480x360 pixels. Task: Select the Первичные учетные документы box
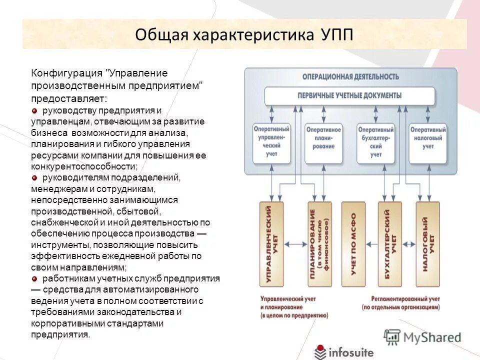(349, 95)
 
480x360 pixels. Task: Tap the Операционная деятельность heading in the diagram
(350, 76)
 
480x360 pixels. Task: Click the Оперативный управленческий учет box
(271, 142)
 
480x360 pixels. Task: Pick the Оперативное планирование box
(323, 142)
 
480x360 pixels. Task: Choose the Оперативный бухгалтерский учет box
(376, 142)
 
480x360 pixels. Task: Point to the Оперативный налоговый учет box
(427, 142)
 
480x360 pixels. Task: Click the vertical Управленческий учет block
(271, 244)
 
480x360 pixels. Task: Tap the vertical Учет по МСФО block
(353, 244)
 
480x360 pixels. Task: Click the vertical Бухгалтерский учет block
(390, 244)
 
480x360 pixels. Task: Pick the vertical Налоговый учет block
(427, 244)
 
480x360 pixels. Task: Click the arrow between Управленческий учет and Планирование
(295, 244)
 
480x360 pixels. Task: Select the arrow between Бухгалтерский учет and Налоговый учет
(409, 244)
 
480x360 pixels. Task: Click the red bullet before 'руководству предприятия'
(34, 110)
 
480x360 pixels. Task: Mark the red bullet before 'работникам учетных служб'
(34, 278)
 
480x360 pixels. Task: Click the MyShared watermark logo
(422, 337)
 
